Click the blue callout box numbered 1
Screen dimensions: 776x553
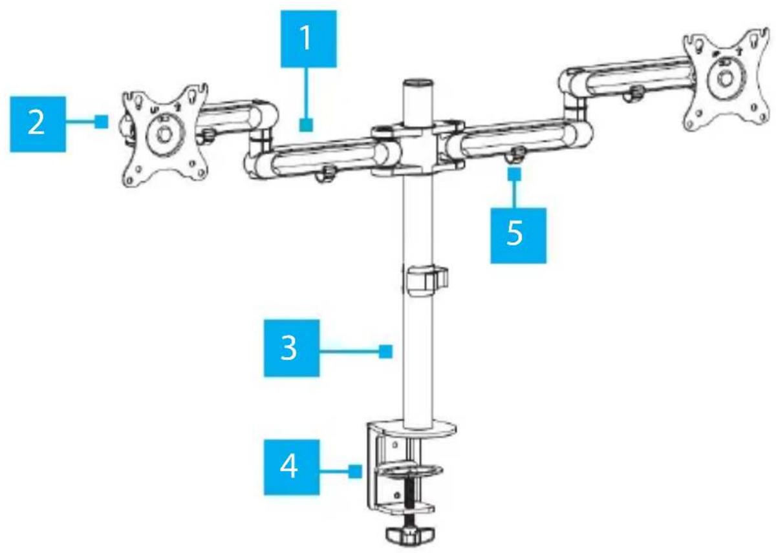[x=308, y=39]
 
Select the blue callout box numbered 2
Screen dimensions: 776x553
[x=38, y=124]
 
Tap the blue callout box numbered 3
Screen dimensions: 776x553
[x=292, y=348]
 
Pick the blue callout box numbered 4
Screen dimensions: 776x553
[x=292, y=468]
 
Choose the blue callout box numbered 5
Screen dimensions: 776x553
[x=518, y=236]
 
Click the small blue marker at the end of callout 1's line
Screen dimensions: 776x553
[x=307, y=125]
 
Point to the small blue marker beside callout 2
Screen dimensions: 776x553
[x=101, y=122]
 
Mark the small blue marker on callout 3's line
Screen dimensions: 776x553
[x=385, y=351]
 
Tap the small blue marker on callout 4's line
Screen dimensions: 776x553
[x=355, y=472]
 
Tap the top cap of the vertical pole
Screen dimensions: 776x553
[x=418, y=84]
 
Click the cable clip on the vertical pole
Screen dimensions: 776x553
[x=425, y=280]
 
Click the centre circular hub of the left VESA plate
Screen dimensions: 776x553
[x=164, y=134]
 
